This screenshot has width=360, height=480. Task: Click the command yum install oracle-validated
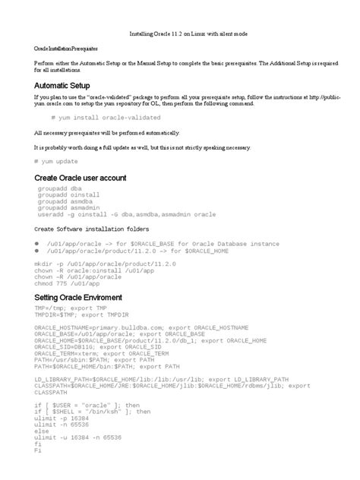click(106, 118)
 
